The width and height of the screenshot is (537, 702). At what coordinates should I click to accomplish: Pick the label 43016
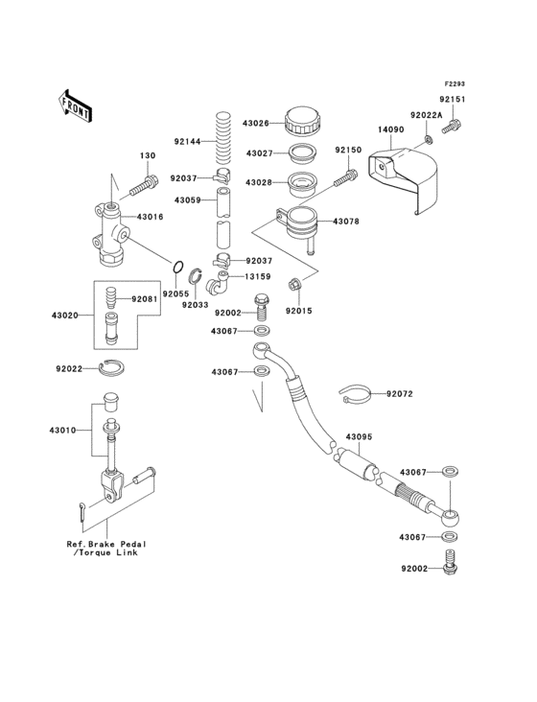152,218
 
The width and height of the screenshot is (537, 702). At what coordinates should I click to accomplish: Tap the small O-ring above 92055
177,266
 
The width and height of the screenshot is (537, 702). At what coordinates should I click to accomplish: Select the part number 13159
257,277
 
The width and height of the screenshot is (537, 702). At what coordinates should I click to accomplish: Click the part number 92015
298,312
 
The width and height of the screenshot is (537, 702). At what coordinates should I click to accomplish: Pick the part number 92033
196,305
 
